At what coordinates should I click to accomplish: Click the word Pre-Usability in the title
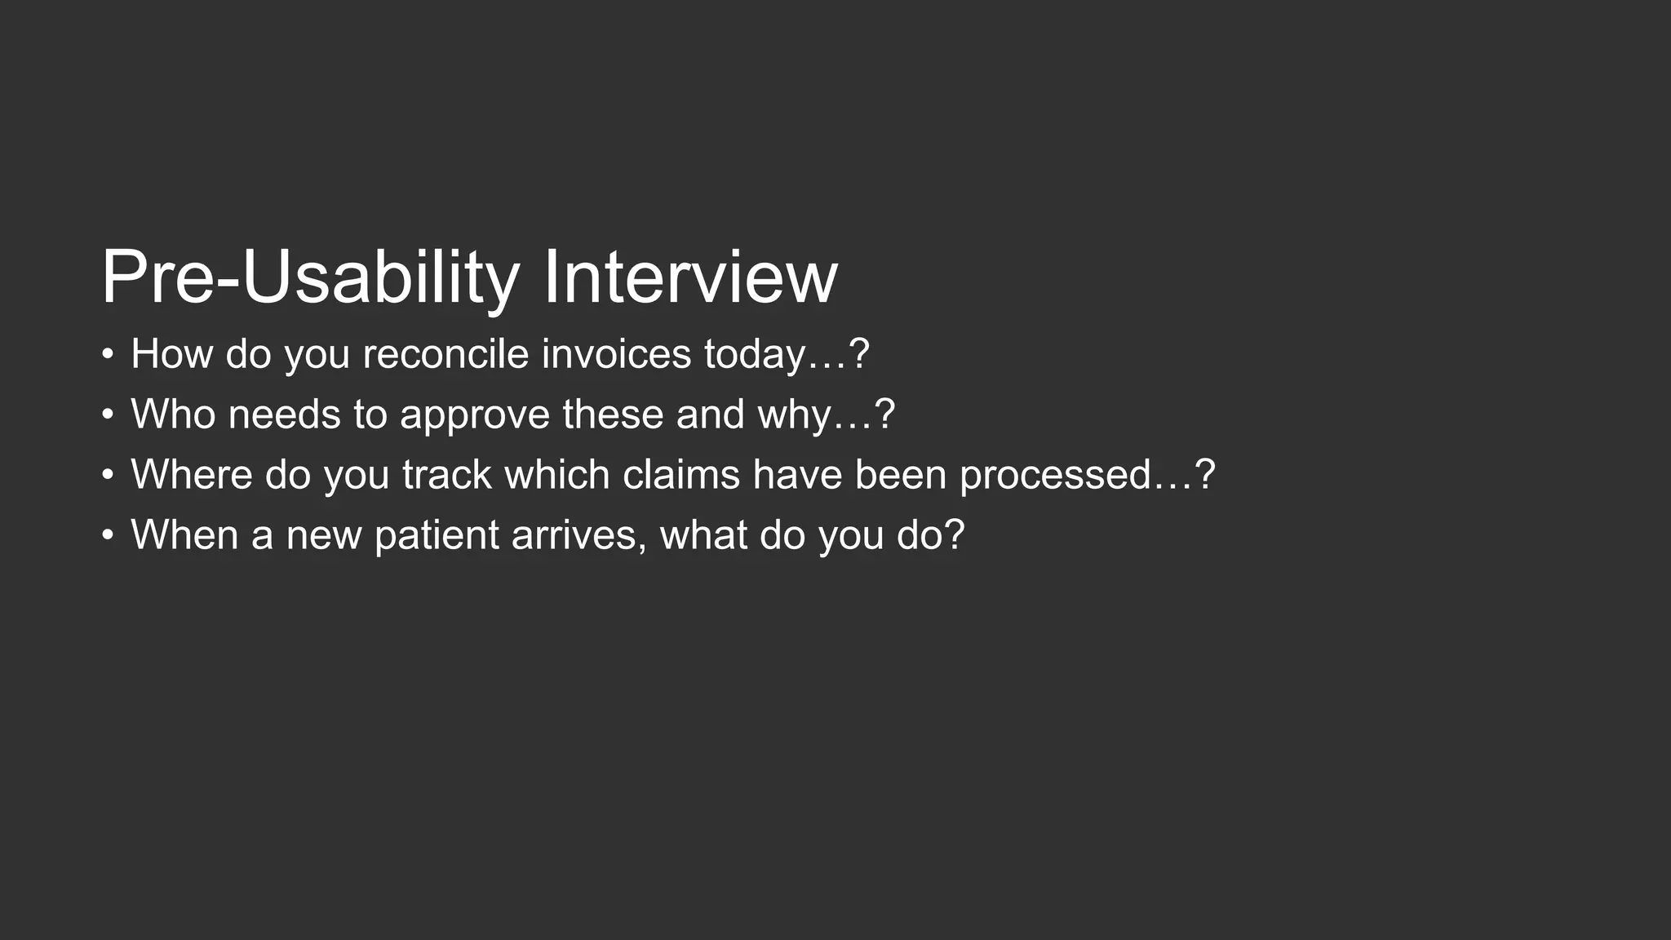click(310, 277)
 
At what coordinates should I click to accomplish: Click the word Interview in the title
click(690, 277)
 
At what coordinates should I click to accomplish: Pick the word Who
click(173, 415)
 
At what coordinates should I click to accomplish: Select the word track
click(447, 475)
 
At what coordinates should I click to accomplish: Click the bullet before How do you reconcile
click(108, 355)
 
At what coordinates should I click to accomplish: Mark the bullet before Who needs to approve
click(108, 415)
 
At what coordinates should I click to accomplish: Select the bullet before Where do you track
click(108, 476)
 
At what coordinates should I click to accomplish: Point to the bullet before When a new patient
click(108, 536)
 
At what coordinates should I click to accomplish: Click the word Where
click(192, 475)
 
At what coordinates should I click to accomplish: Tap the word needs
click(284, 415)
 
